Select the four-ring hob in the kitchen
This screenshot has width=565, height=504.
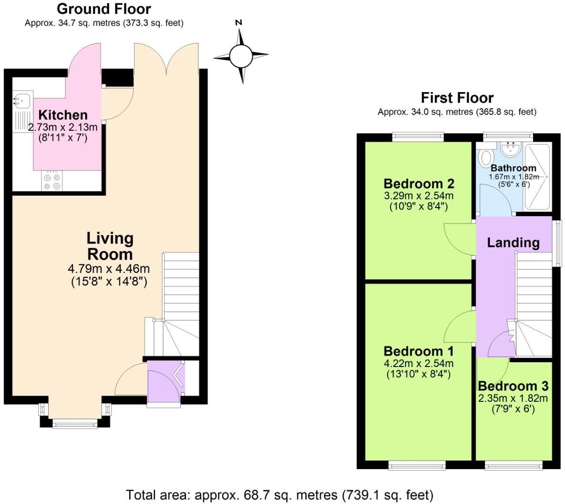(52, 181)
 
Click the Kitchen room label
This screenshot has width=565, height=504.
(63, 115)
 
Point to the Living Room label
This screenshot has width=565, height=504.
(110, 246)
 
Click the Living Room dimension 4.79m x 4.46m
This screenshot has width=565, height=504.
(109, 269)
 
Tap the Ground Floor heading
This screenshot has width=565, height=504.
(104, 9)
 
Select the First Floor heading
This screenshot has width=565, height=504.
(457, 98)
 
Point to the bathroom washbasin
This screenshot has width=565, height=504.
(511, 149)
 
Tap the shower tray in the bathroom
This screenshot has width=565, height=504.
(538, 177)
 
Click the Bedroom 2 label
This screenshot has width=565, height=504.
(419, 183)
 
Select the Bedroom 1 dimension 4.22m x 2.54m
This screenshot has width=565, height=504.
(419, 363)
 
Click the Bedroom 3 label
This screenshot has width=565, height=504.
(513, 386)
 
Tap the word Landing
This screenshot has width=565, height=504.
(513, 242)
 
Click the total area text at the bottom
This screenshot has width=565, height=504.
(280, 494)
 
